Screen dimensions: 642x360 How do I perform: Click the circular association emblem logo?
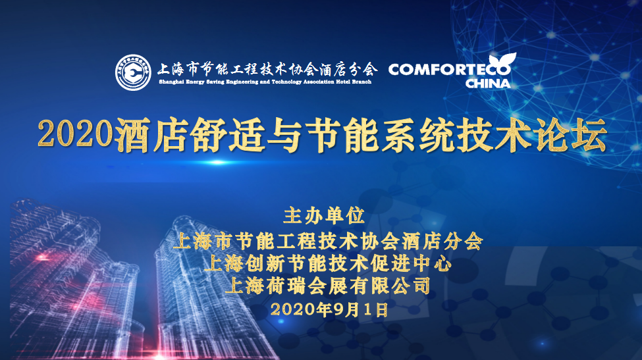(x=133, y=73)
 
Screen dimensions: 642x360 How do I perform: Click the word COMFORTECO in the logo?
(x=449, y=70)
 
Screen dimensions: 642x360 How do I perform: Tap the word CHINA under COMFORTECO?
(x=488, y=84)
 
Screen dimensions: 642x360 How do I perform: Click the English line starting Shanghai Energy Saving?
(x=265, y=82)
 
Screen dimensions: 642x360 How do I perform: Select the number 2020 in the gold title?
(x=75, y=134)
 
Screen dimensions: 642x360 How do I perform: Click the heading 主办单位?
(x=324, y=216)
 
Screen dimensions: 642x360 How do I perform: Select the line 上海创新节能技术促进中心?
(x=327, y=263)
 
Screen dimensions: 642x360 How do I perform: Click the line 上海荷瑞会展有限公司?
(x=327, y=286)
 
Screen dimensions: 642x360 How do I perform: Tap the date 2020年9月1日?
(x=330, y=309)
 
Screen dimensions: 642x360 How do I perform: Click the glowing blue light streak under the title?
(x=217, y=163)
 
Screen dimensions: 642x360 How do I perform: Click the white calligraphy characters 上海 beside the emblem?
(x=171, y=69)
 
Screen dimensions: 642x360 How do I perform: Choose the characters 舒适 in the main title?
(x=228, y=134)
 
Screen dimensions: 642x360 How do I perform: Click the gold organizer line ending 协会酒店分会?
(x=327, y=241)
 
